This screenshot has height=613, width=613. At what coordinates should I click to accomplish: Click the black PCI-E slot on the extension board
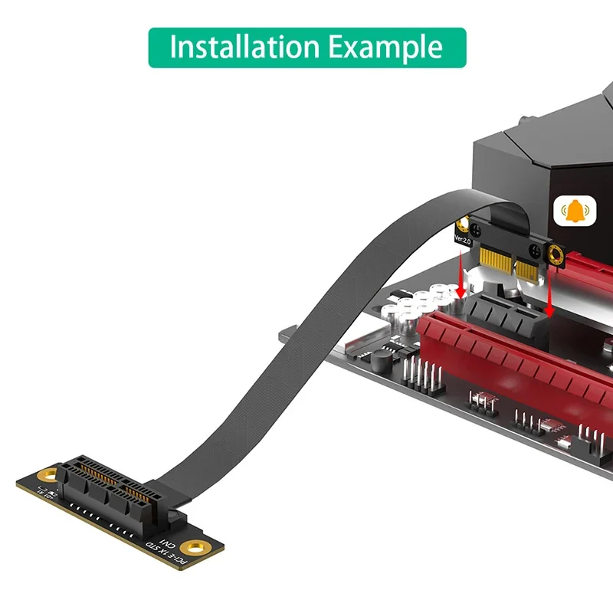pyautogui.click(x=123, y=490)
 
